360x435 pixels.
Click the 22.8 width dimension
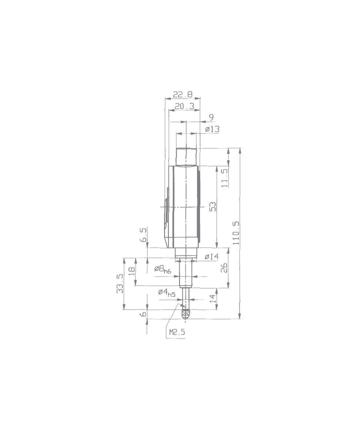click(183, 94)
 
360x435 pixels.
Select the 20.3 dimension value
click(184, 106)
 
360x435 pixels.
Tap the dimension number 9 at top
click(211, 117)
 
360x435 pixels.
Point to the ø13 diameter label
click(212, 129)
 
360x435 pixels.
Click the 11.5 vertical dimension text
click(224, 178)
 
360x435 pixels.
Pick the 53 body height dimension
click(212, 207)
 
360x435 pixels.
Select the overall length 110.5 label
click(236, 233)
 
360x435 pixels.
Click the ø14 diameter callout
click(211, 257)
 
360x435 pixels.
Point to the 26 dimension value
click(224, 268)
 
